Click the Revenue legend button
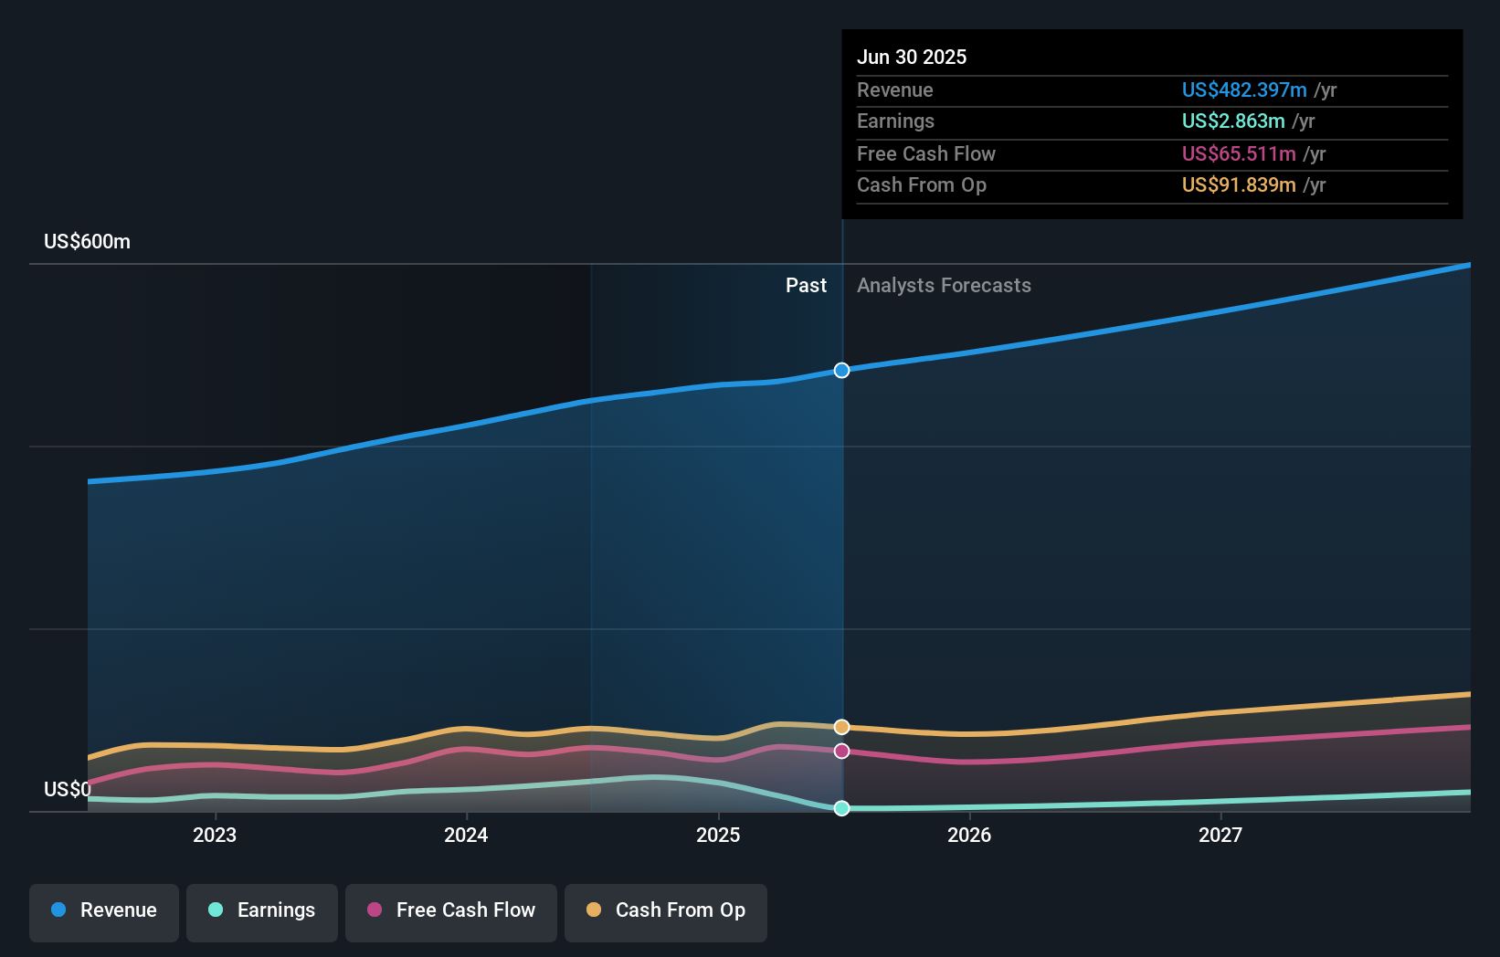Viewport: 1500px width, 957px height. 104,910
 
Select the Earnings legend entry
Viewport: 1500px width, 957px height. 262,910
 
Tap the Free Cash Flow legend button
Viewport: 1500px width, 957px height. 451,910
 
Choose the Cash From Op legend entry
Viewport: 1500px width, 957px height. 666,910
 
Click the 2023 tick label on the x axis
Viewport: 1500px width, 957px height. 215,835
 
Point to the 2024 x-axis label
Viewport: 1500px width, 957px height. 466,835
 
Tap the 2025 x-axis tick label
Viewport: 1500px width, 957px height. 718,835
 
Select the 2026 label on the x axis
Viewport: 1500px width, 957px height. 969,835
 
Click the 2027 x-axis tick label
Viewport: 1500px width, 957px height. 1220,835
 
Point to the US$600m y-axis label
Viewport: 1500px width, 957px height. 87,242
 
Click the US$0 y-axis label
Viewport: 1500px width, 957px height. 68,789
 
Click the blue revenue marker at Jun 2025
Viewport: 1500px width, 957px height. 841,370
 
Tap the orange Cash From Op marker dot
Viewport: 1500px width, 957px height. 841,727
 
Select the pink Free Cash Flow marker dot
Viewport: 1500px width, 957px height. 841,751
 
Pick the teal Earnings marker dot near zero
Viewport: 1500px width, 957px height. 841,808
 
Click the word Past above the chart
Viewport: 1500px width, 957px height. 806,286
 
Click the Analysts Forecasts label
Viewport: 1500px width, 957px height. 944,286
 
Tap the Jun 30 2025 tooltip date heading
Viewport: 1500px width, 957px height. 912,57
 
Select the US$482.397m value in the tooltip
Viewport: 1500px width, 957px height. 1244,89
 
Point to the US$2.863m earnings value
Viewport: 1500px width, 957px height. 1233,121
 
